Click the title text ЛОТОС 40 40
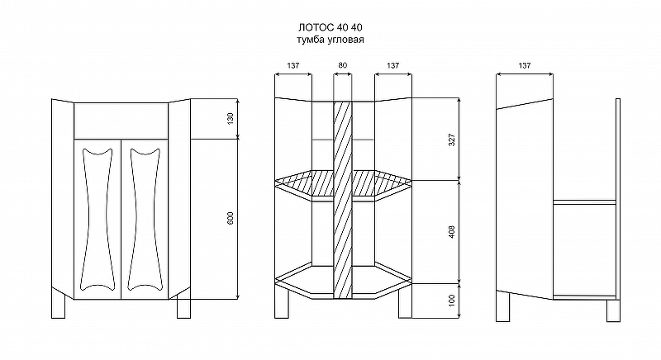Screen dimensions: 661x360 coord(330,28)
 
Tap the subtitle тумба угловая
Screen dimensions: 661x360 coord(330,40)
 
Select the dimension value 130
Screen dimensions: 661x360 coord(231,119)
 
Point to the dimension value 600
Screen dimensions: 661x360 coord(231,218)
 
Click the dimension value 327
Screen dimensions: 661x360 coord(451,140)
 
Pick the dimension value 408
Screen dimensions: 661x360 coord(451,232)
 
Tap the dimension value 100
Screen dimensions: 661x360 coord(451,301)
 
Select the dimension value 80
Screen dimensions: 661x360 coord(343,65)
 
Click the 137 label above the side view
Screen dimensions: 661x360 coord(525,65)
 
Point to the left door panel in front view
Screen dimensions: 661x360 coord(97,219)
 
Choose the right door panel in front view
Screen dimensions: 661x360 coord(145,219)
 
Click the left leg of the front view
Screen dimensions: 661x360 coord(58,304)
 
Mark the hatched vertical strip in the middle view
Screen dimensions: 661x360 coord(343,200)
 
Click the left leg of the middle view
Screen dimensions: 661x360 coord(281,301)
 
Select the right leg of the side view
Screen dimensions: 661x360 coord(613,310)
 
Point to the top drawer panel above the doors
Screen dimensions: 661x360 coord(121,121)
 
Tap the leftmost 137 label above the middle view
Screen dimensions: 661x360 coord(293,65)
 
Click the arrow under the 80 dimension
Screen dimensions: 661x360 coord(343,74)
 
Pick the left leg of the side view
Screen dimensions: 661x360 coord(503,306)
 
